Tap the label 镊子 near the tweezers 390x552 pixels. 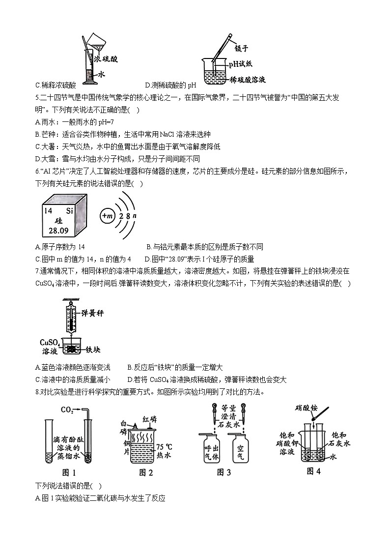pyautogui.click(x=242, y=48)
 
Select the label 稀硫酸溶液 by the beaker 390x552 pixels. pyautogui.click(x=248, y=79)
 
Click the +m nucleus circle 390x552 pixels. pyautogui.click(x=107, y=216)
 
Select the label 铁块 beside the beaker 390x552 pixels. pyautogui.click(x=93, y=350)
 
